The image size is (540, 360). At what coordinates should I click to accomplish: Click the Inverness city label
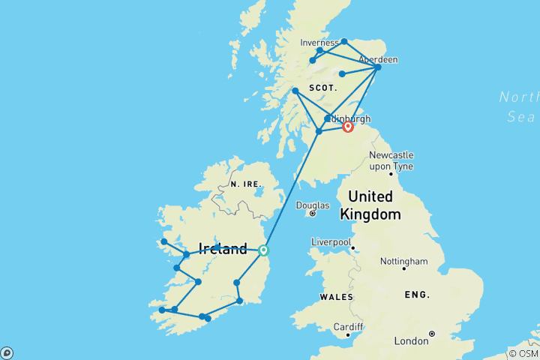319,43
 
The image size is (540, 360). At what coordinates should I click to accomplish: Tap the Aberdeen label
378,59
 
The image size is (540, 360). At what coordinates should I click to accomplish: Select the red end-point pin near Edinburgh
348,127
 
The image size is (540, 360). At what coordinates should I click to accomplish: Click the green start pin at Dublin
263,250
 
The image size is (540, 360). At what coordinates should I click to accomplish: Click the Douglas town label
313,205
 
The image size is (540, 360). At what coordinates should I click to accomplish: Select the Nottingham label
403,262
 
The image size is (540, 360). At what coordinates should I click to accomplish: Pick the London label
412,341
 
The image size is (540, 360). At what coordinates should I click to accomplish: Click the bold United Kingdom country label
370,205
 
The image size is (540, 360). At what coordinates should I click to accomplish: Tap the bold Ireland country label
223,249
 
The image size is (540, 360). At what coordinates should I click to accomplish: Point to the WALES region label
336,297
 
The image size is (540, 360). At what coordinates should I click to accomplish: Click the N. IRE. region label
244,184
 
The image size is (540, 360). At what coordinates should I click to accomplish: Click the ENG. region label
418,294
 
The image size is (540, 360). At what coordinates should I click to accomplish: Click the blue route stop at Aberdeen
377,67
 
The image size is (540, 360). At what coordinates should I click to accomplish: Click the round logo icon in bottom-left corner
7,352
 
